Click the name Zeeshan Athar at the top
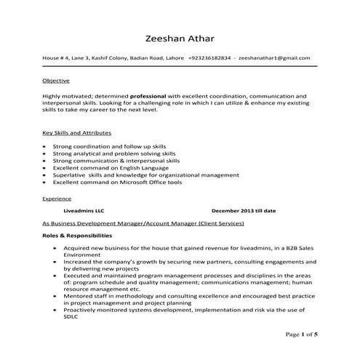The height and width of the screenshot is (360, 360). point(180,38)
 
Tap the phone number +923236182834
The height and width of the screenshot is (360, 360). point(209,57)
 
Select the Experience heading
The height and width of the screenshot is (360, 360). point(57,198)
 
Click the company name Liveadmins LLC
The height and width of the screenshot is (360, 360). point(84,211)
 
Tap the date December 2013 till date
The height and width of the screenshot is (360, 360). point(244,211)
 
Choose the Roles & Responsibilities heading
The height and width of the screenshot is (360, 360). point(77,236)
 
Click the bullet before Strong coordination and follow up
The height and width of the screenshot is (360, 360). point(46,147)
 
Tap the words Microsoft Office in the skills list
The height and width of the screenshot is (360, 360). point(143,183)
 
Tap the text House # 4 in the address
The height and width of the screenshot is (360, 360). point(56,57)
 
